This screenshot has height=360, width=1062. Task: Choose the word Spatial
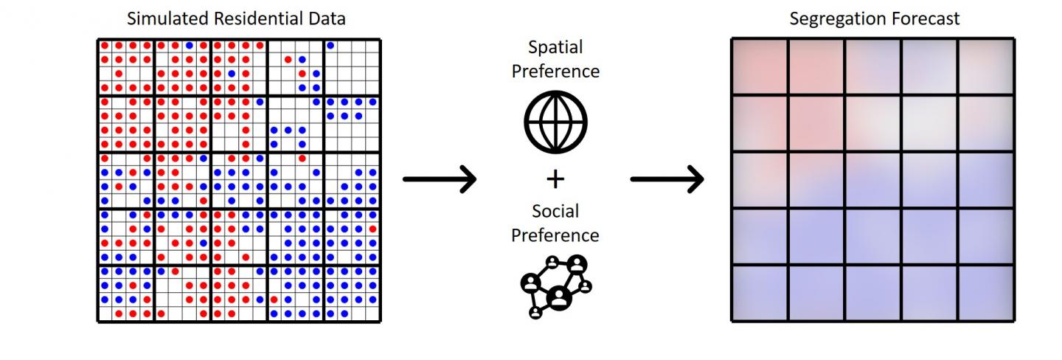555,48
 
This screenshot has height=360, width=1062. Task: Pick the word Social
555,212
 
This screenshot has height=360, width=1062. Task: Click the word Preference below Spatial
555,72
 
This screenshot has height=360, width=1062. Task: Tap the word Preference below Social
555,235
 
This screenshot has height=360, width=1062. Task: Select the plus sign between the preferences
555,179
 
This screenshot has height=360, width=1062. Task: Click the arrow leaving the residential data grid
440,179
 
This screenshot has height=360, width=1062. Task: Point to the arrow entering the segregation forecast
667,179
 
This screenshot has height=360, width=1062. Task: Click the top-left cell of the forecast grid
760,67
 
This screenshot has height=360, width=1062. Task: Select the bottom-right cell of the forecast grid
987,293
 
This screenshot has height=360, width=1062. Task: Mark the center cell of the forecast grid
873,180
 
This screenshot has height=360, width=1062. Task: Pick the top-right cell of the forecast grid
987,67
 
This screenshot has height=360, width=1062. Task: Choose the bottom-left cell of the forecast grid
760,293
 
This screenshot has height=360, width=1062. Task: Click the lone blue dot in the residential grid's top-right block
330,46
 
